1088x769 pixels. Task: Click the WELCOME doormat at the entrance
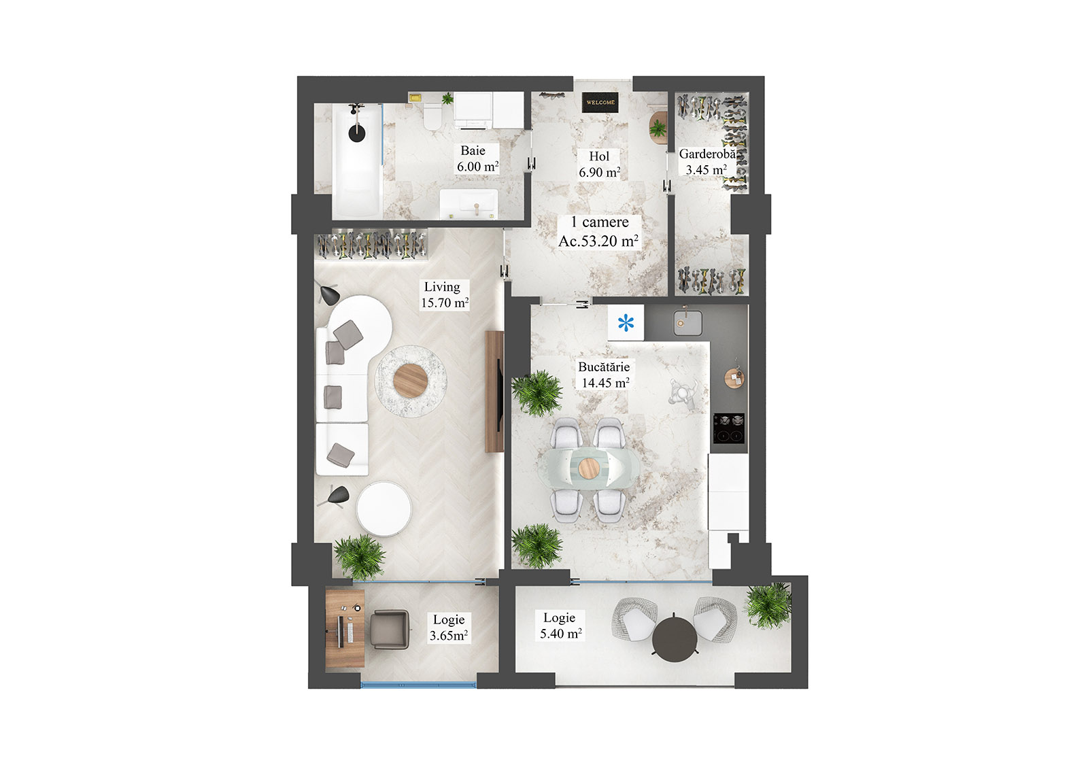click(x=600, y=102)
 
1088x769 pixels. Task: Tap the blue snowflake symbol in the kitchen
click(x=626, y=323)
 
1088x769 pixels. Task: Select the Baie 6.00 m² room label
click(x=477, y=159)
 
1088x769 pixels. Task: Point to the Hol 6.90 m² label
click(x=599, y=165)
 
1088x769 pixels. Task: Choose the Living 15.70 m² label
click(x=444, y=295)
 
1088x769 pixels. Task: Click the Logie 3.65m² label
click(x=449, y=628)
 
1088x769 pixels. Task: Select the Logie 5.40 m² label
click(x=560, y=626)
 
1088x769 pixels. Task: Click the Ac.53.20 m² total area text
click(x=598, y=241)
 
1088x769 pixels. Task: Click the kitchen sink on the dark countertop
click(x=689, y=322)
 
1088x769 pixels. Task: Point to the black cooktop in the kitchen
click(x=728, y=428)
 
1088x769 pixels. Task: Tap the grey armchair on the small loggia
click(x=390, y=629)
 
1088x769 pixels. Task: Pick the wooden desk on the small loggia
click(x=345, y=629)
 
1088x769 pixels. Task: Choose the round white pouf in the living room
click(x=384, y=509)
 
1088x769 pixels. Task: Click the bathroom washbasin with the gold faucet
click(x=469, y=203)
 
